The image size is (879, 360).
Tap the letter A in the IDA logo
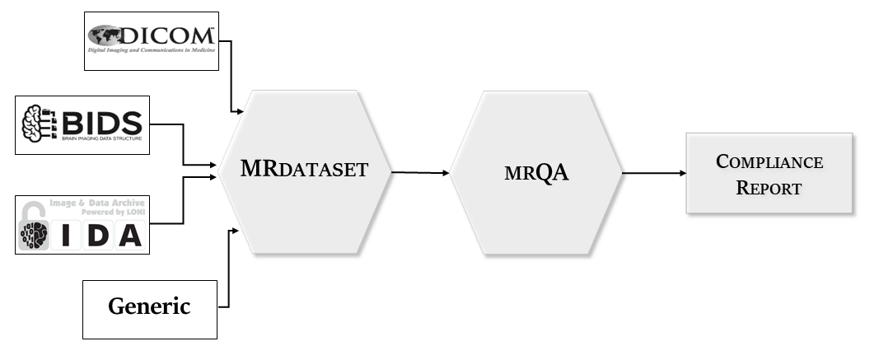pyautogui.click(x=128, y=236)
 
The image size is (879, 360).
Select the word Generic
pyautogui.click(x=149, y=307)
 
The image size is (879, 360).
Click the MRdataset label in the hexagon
pyautogui.click(x=304, y=171)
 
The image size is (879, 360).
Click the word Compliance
pyautogui.click(x=769, y=161)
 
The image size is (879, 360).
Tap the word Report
pyautogui.click(x=769, y=187)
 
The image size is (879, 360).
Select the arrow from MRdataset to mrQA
pyautogui.click(x=420, y=173)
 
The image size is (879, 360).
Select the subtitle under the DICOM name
pyautogui.click(x=152, y=50)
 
